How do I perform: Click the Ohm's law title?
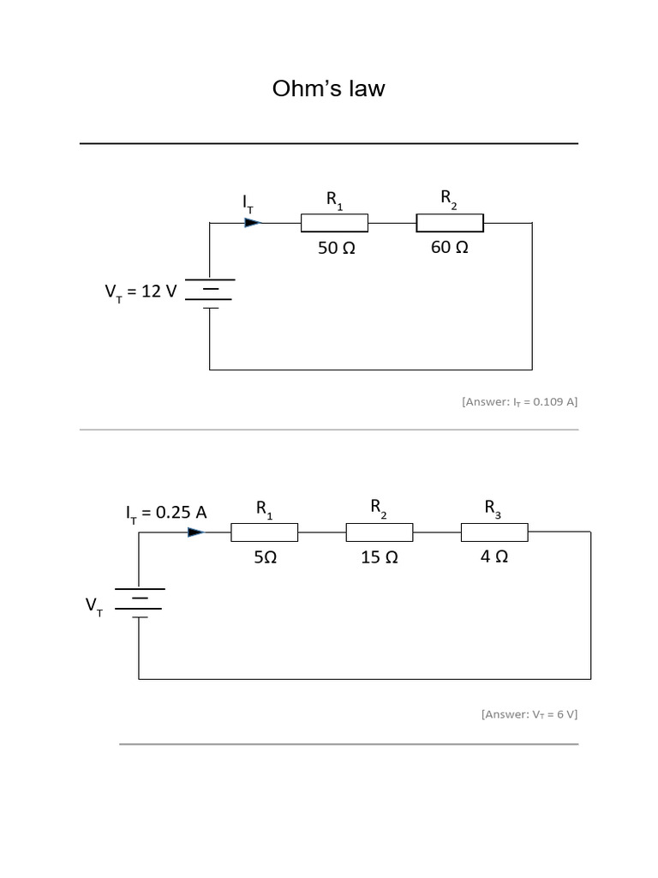[328, 88]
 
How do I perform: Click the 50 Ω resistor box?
[334, 223]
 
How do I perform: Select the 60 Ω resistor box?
[450, 223]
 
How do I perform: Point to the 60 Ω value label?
[449, 248]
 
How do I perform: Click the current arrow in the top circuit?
[252, 223]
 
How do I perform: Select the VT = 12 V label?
[141, 292]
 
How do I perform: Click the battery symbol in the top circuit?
[210, 293]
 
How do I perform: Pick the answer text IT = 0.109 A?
[519, 401]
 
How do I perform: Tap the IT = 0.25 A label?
[166, 513]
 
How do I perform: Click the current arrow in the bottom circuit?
[196, 532]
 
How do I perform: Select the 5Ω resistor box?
[264, 532]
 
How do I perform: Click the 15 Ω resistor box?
[380, 532]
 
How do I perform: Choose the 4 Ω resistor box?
[494, 532]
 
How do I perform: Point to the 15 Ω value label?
[380, 557]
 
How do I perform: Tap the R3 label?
[493, 508]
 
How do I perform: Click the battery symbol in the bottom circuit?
[139, 602]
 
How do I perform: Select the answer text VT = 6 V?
[529, 713]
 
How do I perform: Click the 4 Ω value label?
[494, 556]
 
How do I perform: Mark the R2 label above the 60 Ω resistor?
[449, 199]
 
